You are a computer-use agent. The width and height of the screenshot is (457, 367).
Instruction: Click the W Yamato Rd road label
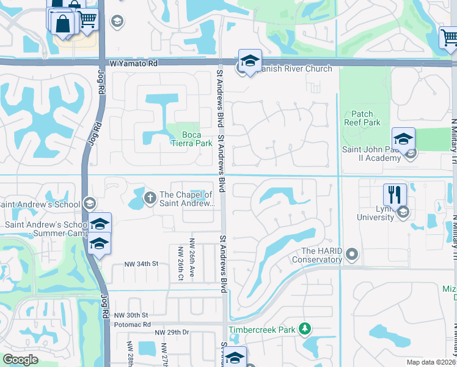tap(133, 63)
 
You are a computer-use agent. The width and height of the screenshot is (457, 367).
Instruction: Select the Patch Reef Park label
tap(366, 118)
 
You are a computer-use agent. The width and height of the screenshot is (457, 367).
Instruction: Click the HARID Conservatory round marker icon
tap(351, 253)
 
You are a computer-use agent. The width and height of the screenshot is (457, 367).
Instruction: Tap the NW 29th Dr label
tap(172, 332)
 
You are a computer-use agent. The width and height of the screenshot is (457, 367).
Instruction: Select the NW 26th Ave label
tap(192, 259)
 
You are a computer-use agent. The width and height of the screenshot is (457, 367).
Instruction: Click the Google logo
tap(21, 360)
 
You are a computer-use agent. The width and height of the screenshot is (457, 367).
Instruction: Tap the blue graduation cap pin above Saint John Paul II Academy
tap(403, 139)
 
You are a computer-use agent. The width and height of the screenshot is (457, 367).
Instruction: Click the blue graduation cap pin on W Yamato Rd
tap(250, 61)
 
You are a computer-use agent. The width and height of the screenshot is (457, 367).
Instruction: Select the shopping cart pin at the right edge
tap(449, 37)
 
